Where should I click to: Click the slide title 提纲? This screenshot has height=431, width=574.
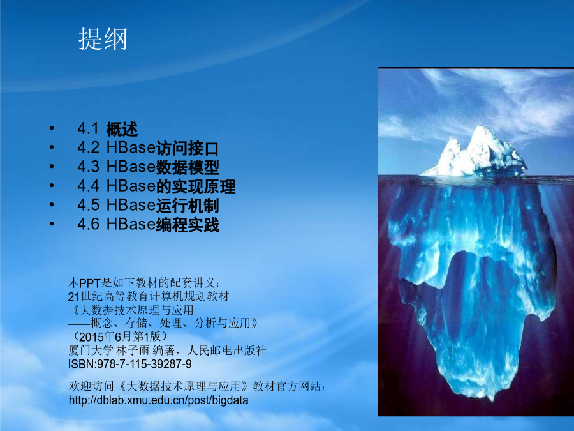(x=103, y=39)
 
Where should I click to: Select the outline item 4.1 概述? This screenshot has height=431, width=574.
(x=108, y=129)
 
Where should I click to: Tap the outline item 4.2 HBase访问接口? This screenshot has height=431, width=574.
(x=148, y=148)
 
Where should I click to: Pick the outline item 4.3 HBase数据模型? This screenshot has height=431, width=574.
(x=148, y=167)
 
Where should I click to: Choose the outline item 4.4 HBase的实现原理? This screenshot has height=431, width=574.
(x=156, y=186)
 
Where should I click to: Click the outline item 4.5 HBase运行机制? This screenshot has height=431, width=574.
(x=148, y=205)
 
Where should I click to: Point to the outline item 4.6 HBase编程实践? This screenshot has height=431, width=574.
(x=148, y=224)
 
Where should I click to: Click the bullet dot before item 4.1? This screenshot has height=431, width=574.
(x=52, y=128)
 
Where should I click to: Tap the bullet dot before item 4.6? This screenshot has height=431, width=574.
(x=52, y=223)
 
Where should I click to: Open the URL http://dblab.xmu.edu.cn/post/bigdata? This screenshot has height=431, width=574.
(x=159, y=400)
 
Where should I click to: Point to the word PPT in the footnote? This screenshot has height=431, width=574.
(x=90, y=284)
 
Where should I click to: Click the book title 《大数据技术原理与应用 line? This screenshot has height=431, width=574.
(x=131, y=310)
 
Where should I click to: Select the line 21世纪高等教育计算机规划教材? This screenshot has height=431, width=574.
(x=148, y=296)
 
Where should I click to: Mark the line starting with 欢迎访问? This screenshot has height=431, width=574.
(x=197, y=386)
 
